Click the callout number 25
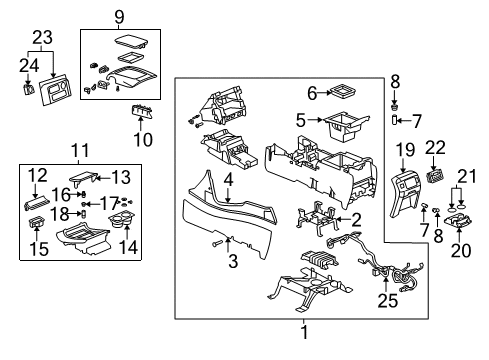(x=388, y=301)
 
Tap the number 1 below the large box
(x=304, y=332)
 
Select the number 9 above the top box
(x=119, y=17)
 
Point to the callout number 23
(x=42, y=37)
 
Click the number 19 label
(x=405, y=150)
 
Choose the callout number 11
(x=80, y=150)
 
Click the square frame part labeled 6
(x=341, y=91)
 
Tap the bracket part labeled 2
(x=317, y=220)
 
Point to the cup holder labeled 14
(x=122, y=220)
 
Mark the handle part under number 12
(x=37, y=202)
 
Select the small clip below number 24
(x=28, y=90)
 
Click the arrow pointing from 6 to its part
(x=324, y=93)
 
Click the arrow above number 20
(x=459, y=235)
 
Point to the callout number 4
(x=228, y=180)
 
